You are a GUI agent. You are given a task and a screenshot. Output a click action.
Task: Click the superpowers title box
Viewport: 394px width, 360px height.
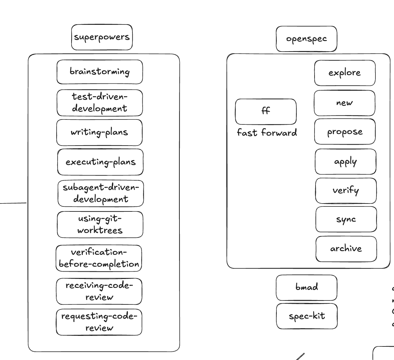(102, 37)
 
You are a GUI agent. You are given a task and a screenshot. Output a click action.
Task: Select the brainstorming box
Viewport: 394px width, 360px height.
(100, 72)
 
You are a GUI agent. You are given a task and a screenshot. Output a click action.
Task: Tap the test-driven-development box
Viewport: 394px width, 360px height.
(100, 103)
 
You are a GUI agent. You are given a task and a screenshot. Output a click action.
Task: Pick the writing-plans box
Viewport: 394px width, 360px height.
(99, 132)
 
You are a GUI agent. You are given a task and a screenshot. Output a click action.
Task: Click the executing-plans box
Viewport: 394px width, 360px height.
(100, 162)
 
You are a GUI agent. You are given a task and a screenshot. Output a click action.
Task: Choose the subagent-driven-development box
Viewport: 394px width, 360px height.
(101, 193)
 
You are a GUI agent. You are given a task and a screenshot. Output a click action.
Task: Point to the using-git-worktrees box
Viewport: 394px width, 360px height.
(100, 225)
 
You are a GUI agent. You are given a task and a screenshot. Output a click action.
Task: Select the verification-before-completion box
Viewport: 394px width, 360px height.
(99, 258)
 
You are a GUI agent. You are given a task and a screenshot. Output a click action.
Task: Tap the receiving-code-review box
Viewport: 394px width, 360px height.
(99, 291)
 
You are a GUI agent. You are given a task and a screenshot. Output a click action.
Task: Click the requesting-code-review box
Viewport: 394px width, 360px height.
(99, 322)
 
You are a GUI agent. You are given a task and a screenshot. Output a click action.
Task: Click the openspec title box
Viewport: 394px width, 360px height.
(306, 39)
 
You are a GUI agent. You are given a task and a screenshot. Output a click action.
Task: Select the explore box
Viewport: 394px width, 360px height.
(345, 73)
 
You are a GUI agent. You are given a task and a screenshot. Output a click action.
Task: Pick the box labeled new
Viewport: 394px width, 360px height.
(344, 103)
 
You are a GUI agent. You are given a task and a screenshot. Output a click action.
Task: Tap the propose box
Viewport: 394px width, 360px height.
(345, 132)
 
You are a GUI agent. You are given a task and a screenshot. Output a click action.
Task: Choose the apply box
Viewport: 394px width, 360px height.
(345, 161)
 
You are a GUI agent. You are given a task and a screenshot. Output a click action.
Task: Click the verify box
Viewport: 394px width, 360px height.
(346, 191)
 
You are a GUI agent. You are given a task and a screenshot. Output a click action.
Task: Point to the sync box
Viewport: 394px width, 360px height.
(346, 219)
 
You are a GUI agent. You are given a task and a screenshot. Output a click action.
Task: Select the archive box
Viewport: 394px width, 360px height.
(346, 249)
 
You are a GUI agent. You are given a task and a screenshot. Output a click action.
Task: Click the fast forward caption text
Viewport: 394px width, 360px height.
(267, 133)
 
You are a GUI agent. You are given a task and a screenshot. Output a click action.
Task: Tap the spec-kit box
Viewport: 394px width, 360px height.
(307, 316)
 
